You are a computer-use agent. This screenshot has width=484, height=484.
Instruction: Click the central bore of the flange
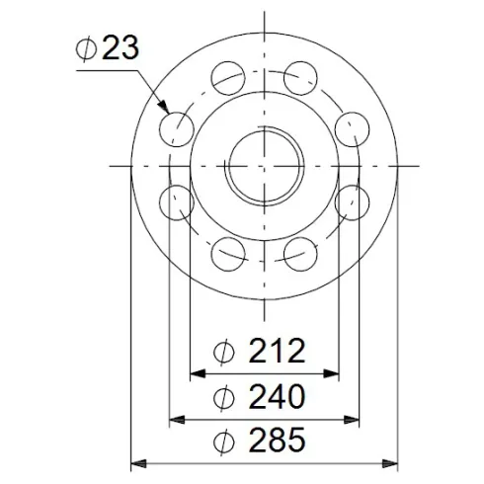coord(264,165)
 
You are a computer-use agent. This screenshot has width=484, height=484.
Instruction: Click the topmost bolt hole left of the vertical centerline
coord(227,77)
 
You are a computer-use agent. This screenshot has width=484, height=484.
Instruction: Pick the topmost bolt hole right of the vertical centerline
coord(301,77)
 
